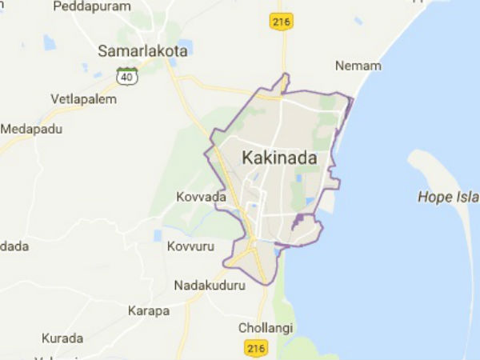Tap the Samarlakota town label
142,50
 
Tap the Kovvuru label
190,246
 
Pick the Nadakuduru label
210,284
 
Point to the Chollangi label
266,328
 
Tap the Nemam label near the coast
358,66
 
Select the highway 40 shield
126,76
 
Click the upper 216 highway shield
280,22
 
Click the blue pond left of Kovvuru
158,236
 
